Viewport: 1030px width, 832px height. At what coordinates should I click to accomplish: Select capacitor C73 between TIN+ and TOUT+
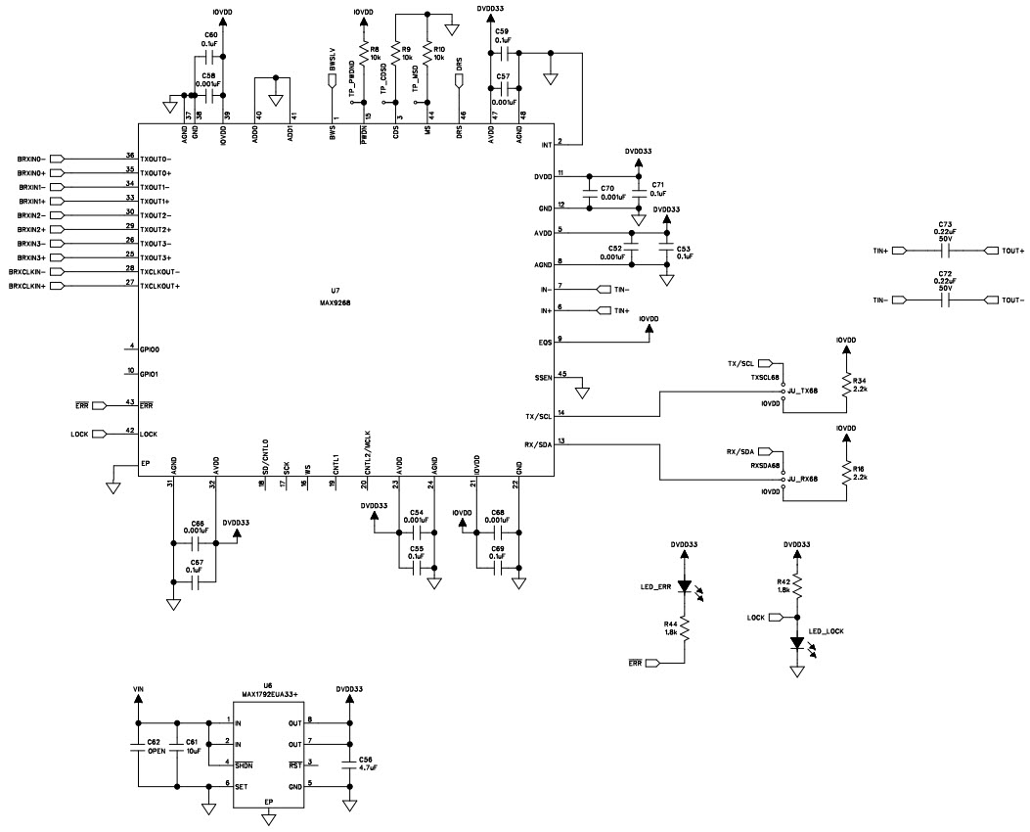945,251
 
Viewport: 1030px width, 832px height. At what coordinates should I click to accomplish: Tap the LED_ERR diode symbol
685,588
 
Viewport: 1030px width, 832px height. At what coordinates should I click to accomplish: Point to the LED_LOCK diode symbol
798,643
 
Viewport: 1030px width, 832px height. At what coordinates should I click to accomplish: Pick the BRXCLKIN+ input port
56,285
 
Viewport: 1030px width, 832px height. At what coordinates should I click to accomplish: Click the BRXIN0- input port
56,158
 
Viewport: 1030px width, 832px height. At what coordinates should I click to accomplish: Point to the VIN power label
138,689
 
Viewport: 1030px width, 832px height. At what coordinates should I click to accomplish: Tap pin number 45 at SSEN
561,375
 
